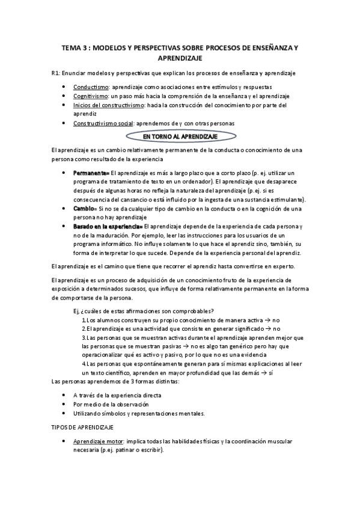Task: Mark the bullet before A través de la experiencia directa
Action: pos(64,395)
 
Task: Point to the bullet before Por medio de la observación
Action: pos(64,404)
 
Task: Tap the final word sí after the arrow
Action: pos(270,373)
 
